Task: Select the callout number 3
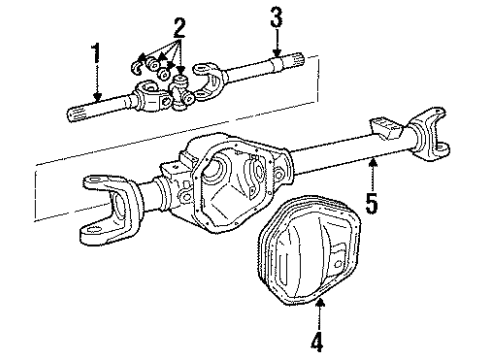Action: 275,19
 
